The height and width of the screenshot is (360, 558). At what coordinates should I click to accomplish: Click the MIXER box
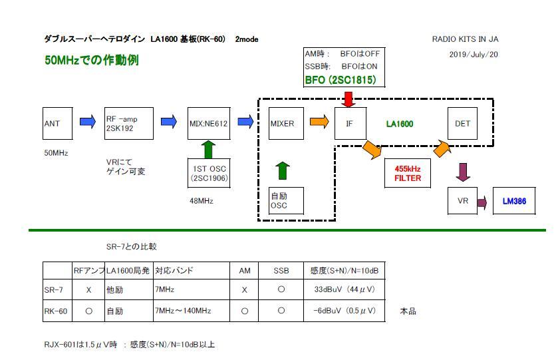[285, 122]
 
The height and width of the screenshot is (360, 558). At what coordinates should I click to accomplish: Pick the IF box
[350, 122]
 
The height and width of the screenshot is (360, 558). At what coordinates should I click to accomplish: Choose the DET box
[463, 122]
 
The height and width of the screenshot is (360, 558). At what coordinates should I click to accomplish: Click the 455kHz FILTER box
[408, 174]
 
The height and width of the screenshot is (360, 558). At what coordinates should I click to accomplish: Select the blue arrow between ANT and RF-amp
[88, 122]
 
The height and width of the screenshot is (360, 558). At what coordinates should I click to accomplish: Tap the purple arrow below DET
[464, 172]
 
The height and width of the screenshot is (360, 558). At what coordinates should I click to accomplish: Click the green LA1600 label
[400, 123]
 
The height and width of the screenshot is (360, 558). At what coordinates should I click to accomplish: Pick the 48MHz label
[202, 200]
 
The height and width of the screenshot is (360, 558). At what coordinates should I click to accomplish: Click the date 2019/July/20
[474, 55]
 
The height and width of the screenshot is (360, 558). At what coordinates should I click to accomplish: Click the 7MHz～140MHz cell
[183, 311]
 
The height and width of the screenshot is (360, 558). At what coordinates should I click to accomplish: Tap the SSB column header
[281, 271]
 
